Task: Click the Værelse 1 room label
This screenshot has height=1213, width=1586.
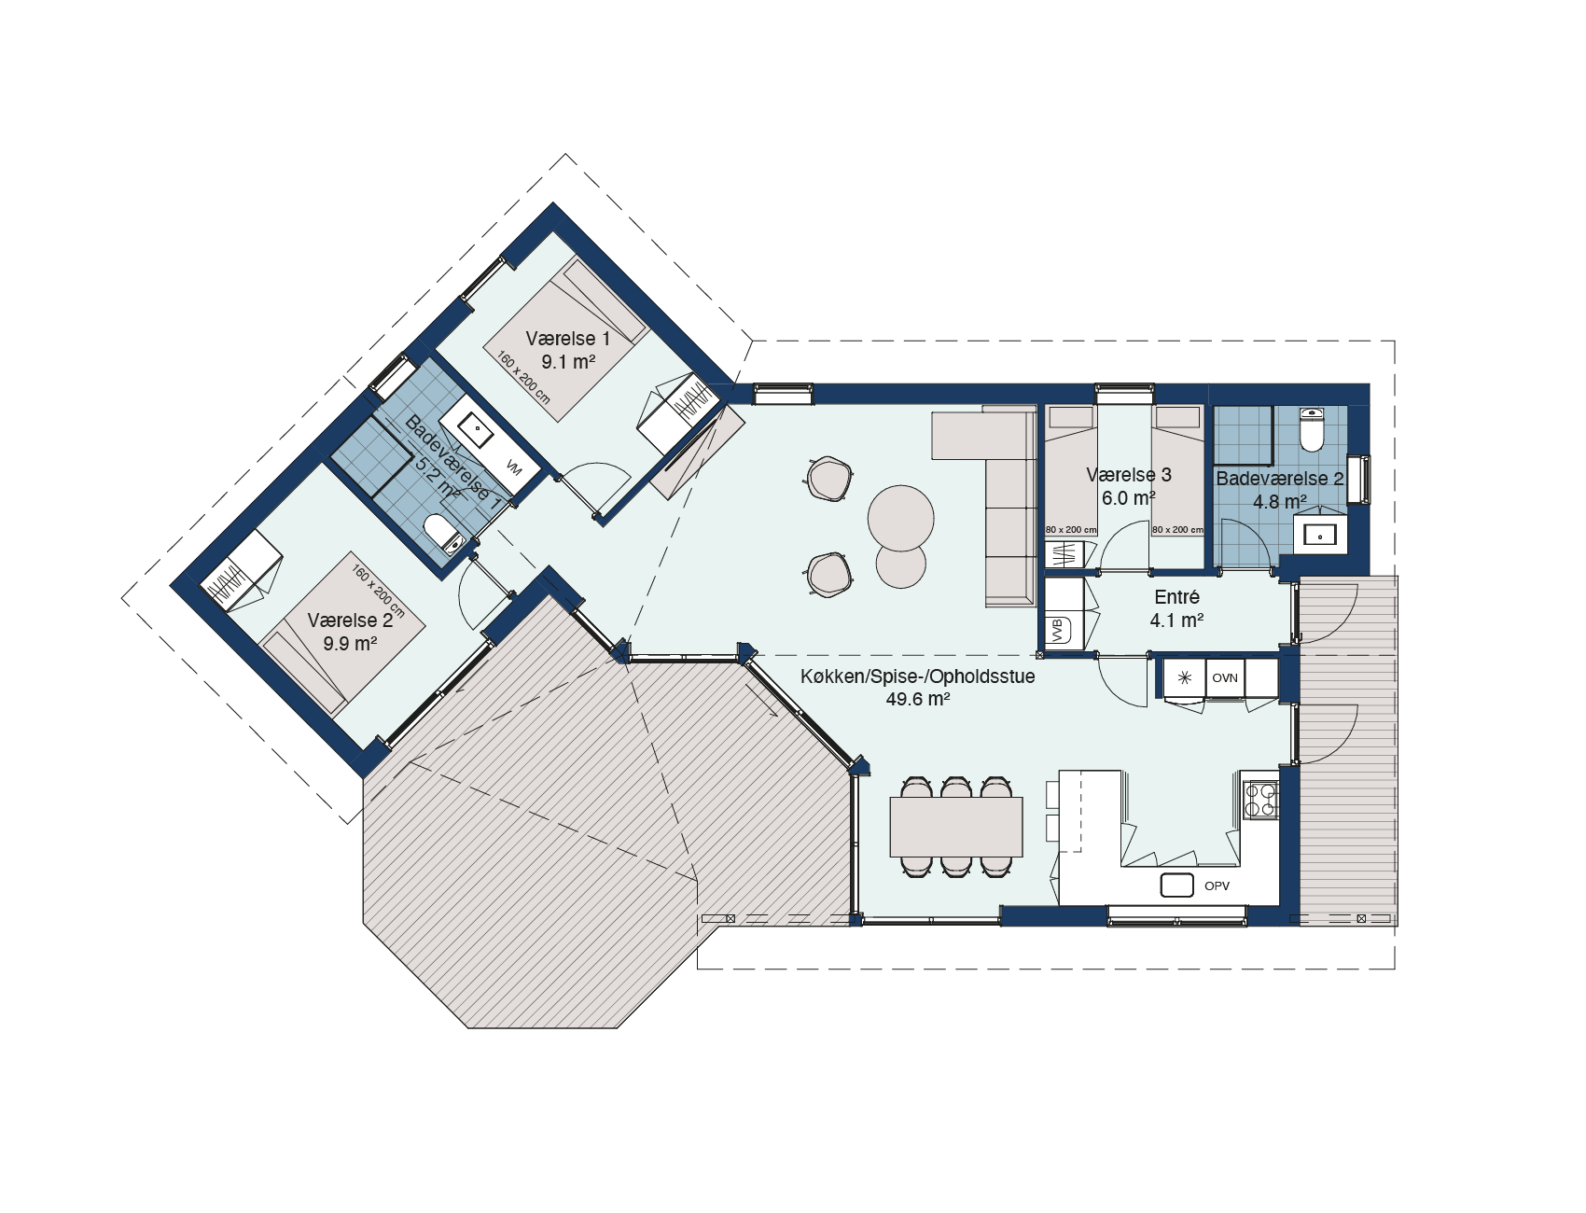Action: pyautogui.click(x=567, y=339)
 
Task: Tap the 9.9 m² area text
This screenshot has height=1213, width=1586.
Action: pyautogui.click(x=350, y=644)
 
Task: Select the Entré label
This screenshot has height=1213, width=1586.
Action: pyautogui.click(x=1176, y=597)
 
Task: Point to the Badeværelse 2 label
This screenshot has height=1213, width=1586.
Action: pyautogui.click(x=1280, y=479)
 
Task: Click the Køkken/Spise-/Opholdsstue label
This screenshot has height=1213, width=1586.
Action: pyautogui.click(x=918, y=676)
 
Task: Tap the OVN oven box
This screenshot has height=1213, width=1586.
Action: pyautogui.click(x=1225, y=678)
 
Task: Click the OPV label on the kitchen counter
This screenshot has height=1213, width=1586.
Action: pyautogui.click(x=1217, y=885)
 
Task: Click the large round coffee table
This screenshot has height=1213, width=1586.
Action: pyautogui.click(x=900, y=518)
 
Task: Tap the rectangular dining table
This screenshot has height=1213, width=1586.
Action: pyautogui.click(x=956, y=827)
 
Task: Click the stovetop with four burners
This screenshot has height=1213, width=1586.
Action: pyautogui.click(x=1260, y=800)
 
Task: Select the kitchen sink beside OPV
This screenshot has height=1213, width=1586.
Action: pyautogui.click(x=1177, y=885)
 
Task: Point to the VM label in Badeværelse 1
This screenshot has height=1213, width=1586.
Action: pyautogui.click(x=513, y=467)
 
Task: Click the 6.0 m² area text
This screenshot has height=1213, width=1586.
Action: pyautogui.click(x=1129, y=498)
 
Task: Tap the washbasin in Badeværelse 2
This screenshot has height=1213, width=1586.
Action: pyautogui.click(x=1320, y=535)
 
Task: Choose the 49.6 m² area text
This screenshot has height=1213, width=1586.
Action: pyautogui.click(x=918, y=699)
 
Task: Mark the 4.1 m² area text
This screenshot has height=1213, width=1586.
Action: pyautogui.click(x=1176, y=620)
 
